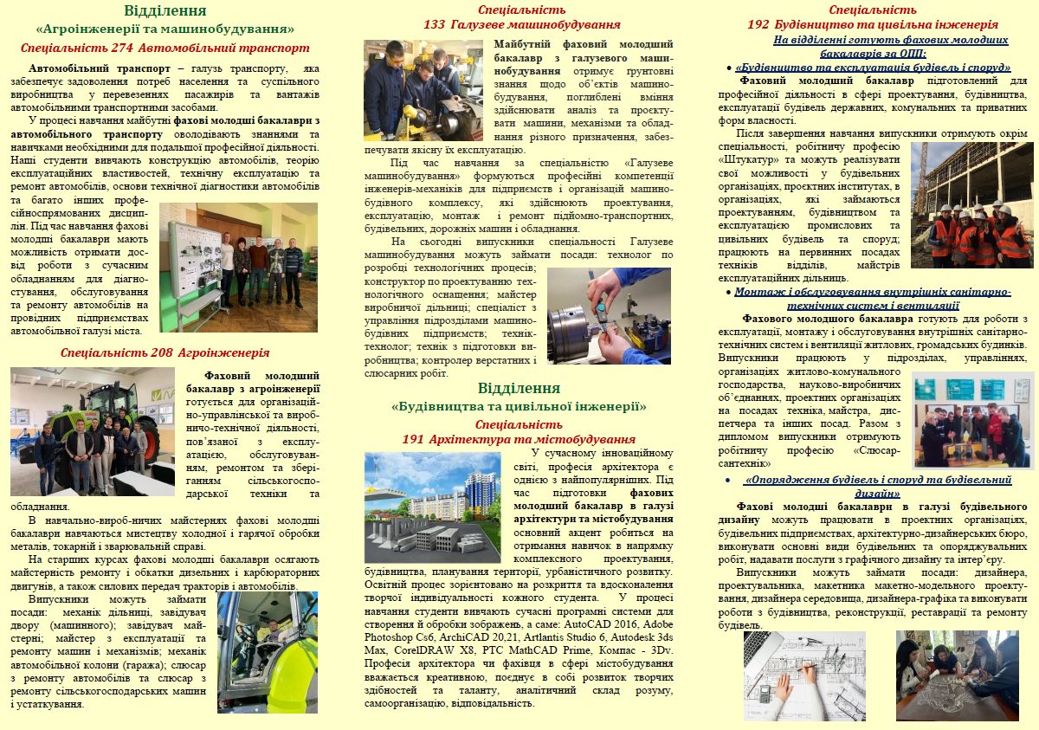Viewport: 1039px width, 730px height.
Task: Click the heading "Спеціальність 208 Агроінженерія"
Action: [x=165, y=352]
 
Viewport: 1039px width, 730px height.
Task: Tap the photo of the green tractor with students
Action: [x=92, y=431]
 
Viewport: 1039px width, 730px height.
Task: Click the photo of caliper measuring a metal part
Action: [x=609, y=315]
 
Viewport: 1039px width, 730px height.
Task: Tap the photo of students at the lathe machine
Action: [x=423, y=89]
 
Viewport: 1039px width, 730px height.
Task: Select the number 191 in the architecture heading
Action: [x=414, y=440]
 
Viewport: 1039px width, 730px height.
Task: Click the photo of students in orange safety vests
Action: [x=971, y=205]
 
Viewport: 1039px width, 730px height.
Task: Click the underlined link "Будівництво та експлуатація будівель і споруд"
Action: [x=872, y=67]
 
